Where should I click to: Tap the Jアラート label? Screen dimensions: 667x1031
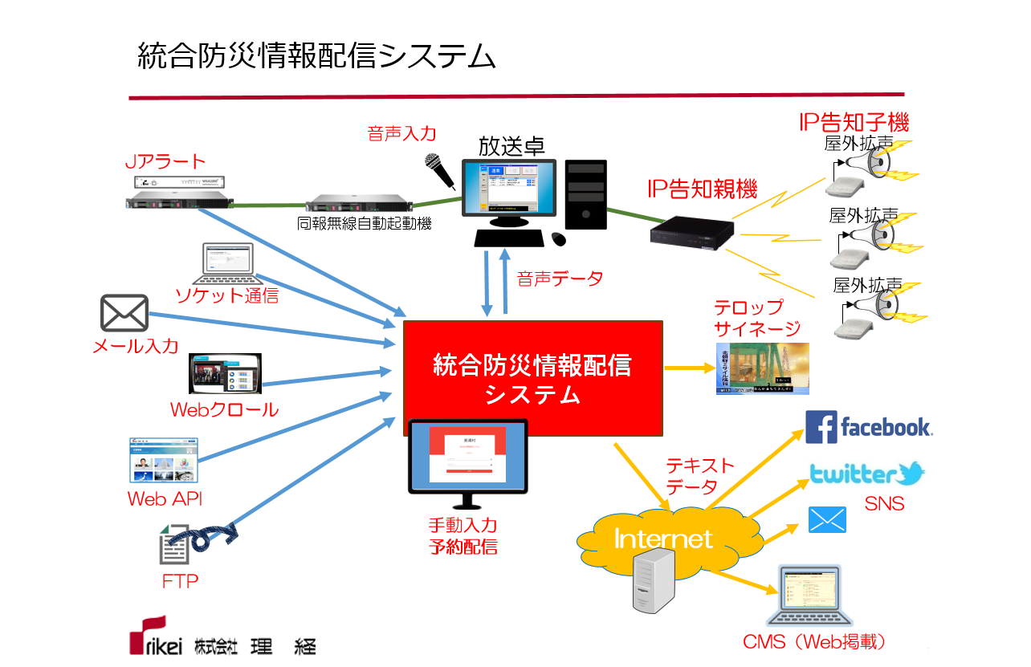(166, 161)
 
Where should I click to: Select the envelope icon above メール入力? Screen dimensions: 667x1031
(124, 313)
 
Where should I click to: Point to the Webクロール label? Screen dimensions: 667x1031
(224, 409)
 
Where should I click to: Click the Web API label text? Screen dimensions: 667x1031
(165, 498)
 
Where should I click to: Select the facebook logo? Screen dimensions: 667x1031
(868, 427)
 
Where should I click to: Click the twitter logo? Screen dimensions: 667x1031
(866, 474)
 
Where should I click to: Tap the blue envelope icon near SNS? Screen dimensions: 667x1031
(827, 520)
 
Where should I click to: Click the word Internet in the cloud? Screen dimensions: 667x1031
(663, 538)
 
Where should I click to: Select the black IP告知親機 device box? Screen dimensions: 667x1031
(691, 233)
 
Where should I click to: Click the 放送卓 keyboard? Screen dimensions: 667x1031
(511, 238)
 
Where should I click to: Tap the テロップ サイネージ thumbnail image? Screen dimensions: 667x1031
(762, 368)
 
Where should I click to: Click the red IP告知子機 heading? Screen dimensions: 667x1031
(854, 123)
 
